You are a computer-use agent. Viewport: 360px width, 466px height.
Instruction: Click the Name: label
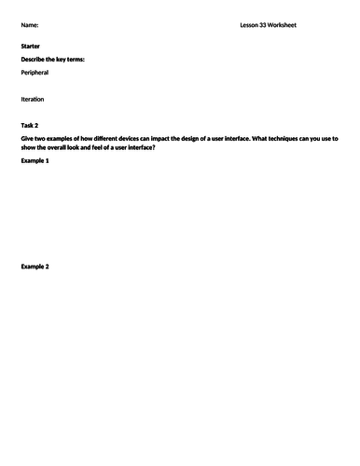pyautogui.click(x=30, y=26)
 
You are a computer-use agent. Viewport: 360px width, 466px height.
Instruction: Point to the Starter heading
pyautogui.click(x=31, y=46)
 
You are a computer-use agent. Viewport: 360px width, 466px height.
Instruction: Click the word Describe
pyautogui.click(x=35, y=59)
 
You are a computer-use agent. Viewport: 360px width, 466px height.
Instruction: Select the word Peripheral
pyautogui.click(x=35, y=72)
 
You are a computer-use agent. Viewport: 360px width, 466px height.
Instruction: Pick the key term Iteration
pyautogui.click(x=33, y=98)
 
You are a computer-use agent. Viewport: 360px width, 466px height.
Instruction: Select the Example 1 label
pyautogui.click(x=35, y=161)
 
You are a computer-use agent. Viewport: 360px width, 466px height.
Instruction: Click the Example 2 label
pyautogui.click(x=35, y=267)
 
